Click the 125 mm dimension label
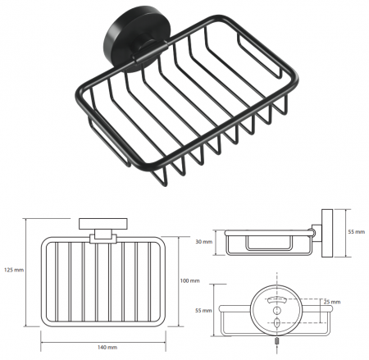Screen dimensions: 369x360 click(x=14, y=270)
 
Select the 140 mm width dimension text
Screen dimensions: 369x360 click(x=107, y=348)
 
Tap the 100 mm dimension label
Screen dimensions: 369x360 click(x=189, y=280)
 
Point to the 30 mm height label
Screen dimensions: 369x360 click(x=204, y=242)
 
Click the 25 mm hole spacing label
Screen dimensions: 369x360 click(x=332, y=302)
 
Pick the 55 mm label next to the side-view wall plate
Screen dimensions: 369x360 click(x=357, y=232)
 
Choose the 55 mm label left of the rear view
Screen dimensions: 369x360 click(x=203, y=311)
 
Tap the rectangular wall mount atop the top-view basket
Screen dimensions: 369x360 click(x=103, y=224)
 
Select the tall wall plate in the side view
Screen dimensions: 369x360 click(x=327, y=233)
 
